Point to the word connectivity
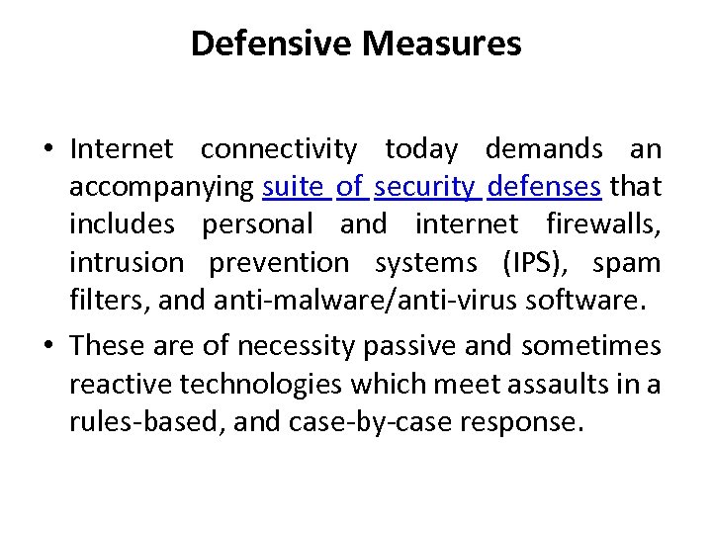pyautogui.click(x=278, y=149)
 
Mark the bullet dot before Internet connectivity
pyautogui.click(x=48, y=150)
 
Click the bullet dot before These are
pyautogui.click(x=48, y=346)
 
